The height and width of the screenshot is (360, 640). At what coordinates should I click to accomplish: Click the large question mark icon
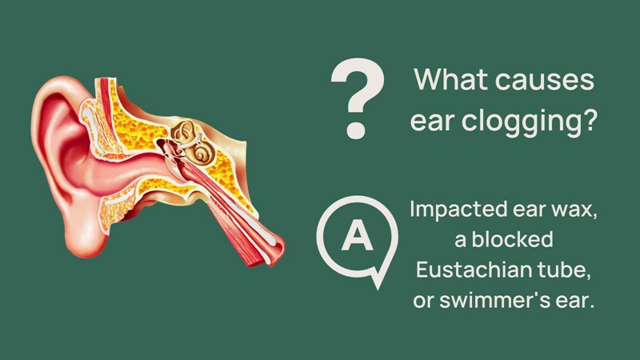(x=358, y=98)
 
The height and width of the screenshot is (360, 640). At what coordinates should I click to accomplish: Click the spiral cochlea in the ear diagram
(x=202, y=154)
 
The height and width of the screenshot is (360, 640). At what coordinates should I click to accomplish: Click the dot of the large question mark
(x=355, y=130)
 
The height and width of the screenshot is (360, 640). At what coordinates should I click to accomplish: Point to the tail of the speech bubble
(x=378, y=278)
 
